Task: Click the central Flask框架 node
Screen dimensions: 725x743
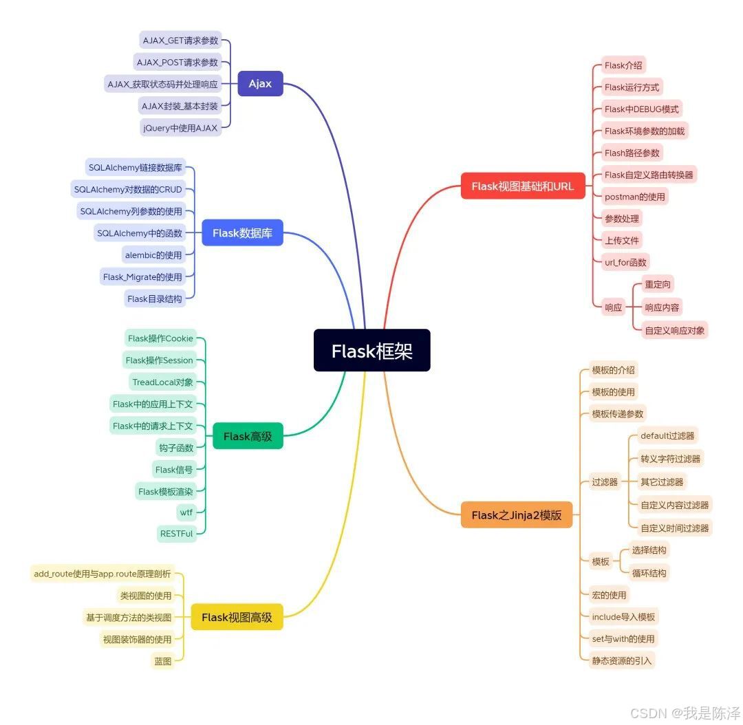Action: pyautogui.click(x=371, y=350)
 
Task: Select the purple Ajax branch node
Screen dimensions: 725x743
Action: pyautogui.click(x=260, y=84)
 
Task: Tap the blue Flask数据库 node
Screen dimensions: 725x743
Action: pyautogui.click(x=242, y=233)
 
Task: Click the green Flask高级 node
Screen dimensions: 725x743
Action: pyautogui.click(x=248, y=436)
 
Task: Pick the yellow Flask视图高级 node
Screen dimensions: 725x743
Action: pyautogui.click(x=237, y=617)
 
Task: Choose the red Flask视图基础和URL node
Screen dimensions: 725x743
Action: pyautogui.click(x=522, y=186)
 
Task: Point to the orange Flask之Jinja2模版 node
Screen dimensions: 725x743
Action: pyautogui.click(x=516, y=515)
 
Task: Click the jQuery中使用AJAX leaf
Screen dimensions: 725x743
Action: pyautogui.click(x=180, y=128)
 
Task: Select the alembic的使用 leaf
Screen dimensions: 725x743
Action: pyautogui.click(x=153, y=255)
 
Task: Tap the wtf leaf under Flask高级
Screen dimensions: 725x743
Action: pyautogui.click(x=186, y=512)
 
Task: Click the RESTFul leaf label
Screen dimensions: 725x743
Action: pyautogui.click(x=176, y=534)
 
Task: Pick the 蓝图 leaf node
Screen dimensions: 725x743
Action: pyautogui.click(x=163, y=661)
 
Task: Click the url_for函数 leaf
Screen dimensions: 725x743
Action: pyautogui.click(x=625, y=262)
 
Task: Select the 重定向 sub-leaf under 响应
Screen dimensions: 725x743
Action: pyautogui.click(x=658, y=284)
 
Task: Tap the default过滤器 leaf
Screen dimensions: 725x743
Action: pyautogui.click(x=667, y=435)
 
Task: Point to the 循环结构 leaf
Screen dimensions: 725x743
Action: pyautogui.click(x=649, y=573)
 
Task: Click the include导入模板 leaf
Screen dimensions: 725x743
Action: pyautogui.click(x=623, y=617)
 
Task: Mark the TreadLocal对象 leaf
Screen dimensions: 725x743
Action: pyautogui.click(x=162, y=382)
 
